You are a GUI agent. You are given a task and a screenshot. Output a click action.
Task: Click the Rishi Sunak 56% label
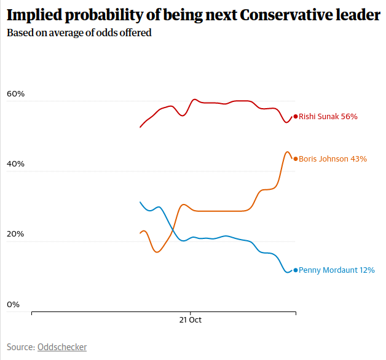[328, 116]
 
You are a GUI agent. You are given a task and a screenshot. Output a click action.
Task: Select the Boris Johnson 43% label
[333, 158]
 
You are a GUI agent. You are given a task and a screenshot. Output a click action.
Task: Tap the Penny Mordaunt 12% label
[336, 270]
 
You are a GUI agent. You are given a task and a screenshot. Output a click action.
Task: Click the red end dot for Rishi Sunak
[296, 116]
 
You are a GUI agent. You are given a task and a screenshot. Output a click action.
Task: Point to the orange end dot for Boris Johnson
[296, 158]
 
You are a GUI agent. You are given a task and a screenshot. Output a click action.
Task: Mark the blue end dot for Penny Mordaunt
[296, 270]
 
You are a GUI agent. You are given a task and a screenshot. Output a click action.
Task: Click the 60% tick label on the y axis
[15, 94]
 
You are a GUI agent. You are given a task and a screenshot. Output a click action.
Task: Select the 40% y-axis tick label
[15, 164]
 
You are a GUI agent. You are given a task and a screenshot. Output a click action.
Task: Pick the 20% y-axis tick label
[15, 234]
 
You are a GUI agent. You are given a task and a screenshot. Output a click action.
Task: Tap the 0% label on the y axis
[13, 304]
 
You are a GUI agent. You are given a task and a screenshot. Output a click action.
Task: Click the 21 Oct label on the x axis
[191, 320]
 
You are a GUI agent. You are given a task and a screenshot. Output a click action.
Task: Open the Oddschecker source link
[62, 347]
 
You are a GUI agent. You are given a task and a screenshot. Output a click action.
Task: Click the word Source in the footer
[20, 347]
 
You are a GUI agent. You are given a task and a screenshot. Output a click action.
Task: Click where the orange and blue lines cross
[171, 230]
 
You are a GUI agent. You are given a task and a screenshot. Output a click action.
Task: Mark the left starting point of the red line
[140, 127]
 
